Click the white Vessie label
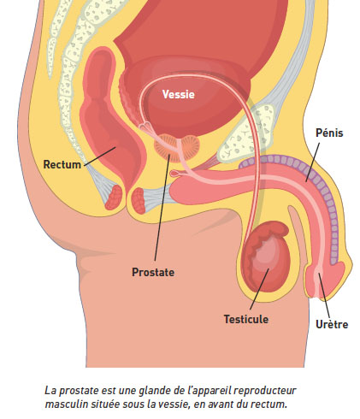click(178, 94)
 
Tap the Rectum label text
click(62, 164)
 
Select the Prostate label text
click(153, 272)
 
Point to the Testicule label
click(246, 319)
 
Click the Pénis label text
click(329, 133)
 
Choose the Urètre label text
click(332, 324)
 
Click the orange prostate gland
click(177, 148)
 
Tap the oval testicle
click(266, 257)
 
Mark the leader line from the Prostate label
click(162, 208)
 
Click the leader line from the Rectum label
click(100, 156)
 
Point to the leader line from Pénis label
click(313, 162)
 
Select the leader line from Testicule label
click(259, 288)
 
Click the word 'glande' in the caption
click(153, 391)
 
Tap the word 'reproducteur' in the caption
click(264, 391)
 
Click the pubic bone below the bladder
click(245, 133)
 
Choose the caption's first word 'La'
click(50, 391)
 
